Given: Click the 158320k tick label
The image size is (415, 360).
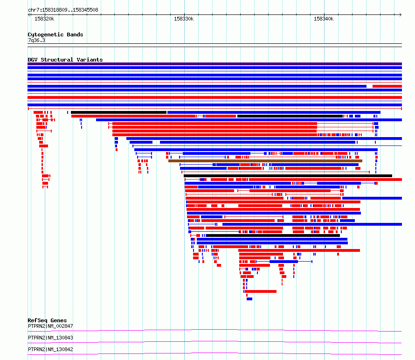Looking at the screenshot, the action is click(44, 19).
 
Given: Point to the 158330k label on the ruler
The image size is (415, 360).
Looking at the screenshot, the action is click(184, 19).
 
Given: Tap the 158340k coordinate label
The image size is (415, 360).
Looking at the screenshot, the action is click(324, 19).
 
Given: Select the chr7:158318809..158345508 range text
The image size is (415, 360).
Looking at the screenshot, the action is click(63, 10).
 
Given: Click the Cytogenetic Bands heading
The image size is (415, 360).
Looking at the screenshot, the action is click(55, 35).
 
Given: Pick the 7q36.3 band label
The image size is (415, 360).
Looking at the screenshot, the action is click(36, 40).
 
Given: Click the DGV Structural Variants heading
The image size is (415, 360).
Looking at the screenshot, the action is click(65, 60).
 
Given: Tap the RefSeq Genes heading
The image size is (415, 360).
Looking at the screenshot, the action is click(47, 320).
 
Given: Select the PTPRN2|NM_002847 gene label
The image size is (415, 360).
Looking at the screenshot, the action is click(50, 326).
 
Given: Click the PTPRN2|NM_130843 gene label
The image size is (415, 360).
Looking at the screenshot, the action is click(50, 338).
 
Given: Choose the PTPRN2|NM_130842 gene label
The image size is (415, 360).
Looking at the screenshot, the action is click(50, 349).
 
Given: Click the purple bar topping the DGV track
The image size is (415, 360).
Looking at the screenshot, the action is click(214, 64).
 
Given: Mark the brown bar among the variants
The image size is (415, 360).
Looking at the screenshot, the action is click(265, 161).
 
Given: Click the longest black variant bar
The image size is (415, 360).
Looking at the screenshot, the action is click(288, 176).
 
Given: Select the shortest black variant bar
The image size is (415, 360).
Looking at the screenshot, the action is click(118, 112).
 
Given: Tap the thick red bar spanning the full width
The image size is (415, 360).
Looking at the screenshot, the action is click(214, 97).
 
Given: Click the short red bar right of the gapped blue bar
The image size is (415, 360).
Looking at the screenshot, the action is click(387, 86).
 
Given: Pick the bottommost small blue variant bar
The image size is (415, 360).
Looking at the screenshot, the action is click(249, 299).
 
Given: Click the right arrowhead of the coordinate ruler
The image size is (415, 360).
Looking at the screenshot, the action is click(401, 15).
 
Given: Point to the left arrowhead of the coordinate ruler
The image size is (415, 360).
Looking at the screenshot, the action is click(29, 15).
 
